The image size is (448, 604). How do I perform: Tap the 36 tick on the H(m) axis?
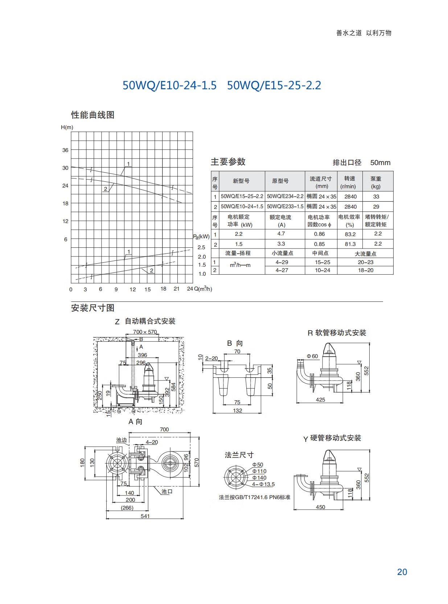(65, 150)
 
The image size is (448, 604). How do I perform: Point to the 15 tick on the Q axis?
(148, 289)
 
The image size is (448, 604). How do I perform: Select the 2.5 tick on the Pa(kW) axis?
(202, 247)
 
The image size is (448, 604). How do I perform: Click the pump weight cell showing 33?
(376, 197)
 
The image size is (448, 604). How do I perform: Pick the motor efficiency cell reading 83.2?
(350, 234)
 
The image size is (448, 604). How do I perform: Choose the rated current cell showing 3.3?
(281, 244)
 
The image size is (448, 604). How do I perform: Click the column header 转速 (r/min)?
(350, 182)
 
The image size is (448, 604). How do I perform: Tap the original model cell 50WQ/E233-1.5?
(285, 206)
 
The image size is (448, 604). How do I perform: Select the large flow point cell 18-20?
(366, 270)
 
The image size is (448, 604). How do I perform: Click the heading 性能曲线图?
(93, 115)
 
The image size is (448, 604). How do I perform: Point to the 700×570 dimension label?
(145, 332)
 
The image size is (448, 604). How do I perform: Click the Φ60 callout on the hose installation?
(312, 356)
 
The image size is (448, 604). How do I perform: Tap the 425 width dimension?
(321, 399)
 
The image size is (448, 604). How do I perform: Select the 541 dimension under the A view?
(145, 516)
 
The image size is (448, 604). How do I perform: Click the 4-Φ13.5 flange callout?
(263, 484)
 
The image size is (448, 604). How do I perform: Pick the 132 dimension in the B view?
(238, 410)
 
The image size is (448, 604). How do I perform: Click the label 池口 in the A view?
(167, 492)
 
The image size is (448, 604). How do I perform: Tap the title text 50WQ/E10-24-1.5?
(170, 85)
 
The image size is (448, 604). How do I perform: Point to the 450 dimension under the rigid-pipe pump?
(321, 507)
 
